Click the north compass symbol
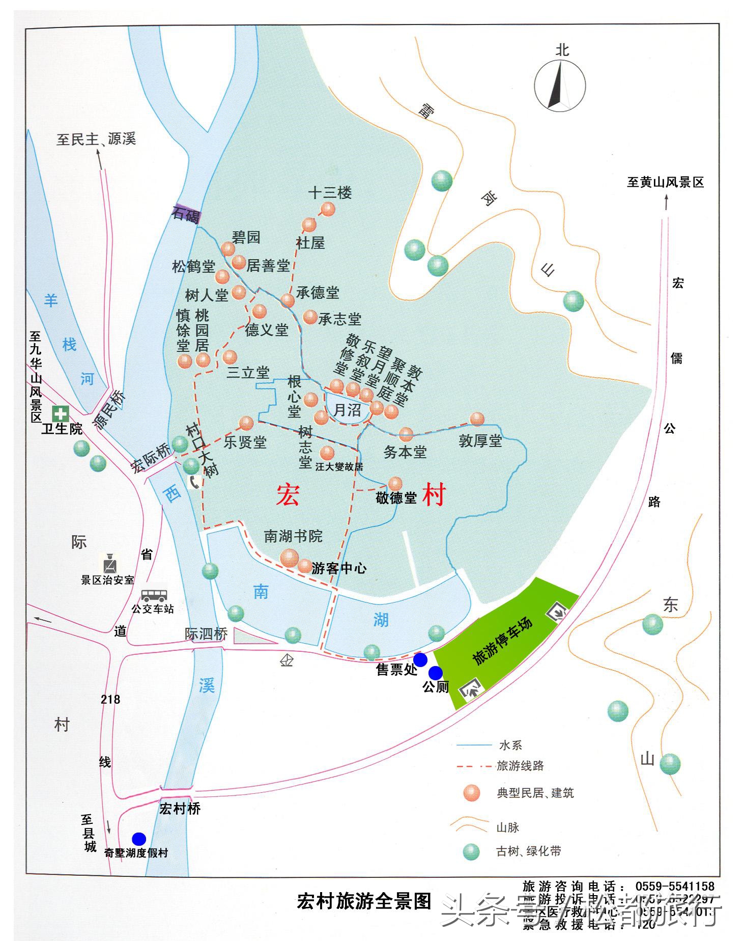pyautogui.click(x=560, y=85)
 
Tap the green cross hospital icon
pyautogui.click(x=61, y=413)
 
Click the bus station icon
pyautogui.click(x=154, y=595)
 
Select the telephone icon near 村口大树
pyautogui.click(x=194, y=482)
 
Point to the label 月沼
pyautogui.click(x=347, y=410)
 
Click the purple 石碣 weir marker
pyautogui.click(x=186, y=214)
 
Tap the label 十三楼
pyautogui.click(x=330, y=193)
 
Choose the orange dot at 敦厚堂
pyautogui.click(x=477, y=419)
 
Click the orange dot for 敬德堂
pyautogui.click(x=395, y=484)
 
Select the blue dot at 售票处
pyautogui.click(x=420, y=660)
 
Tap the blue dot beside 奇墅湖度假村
pyautogui.click(x=138, y=839)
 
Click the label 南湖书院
pyautogui.click(x=293, y=536)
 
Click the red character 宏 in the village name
pyautogui.click(x=288, y=495)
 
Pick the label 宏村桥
pyautogui.click(x=180, y=809)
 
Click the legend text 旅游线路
pyautogui.click(x=520, y=766)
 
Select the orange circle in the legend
pyautogui.click(x=472, y=793)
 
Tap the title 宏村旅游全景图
pyautogui.click(x=364, y=901)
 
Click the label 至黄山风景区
pyautogui.click(x=665, y=182)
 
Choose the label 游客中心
pyautogui.click(x=338, y=568)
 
